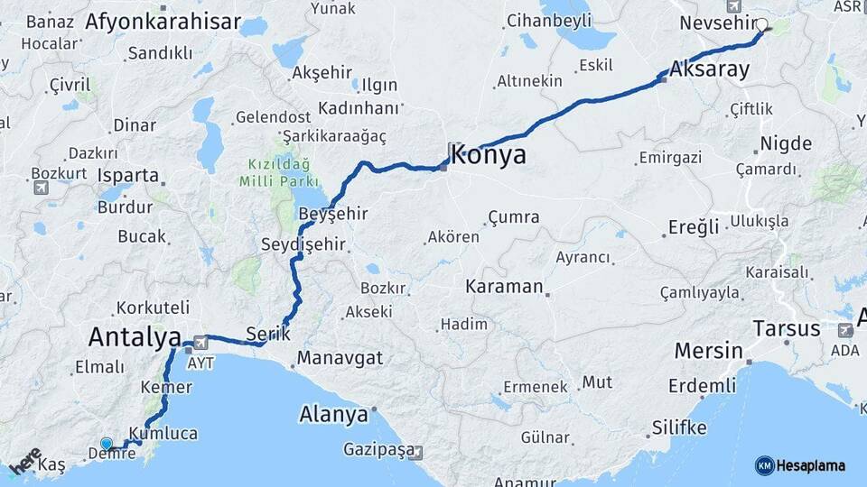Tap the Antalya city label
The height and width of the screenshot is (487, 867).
(x=135, y=337)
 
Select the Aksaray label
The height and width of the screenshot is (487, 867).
(x=710, y=70)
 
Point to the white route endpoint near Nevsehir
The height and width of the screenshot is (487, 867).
(x=761, y=25)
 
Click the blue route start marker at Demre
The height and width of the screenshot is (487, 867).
(x=107, y=443)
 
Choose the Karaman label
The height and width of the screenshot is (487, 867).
(x=504, y=288)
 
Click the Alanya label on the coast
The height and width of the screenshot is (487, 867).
(x=333, y=415)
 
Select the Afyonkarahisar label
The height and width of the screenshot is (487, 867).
(x=163, y=22)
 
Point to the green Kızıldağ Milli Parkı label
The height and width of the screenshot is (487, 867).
(x=276, y=173)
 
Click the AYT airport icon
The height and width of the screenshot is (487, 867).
(x=200, y=342)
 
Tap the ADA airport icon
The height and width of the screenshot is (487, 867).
(x=845, y=330)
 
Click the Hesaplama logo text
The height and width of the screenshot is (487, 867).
(x=810, y=465)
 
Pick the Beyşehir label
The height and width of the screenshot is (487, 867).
(x=332, y=215)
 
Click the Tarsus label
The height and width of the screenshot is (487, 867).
(x=786, y=327)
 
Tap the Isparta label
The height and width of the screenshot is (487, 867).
(x=128, y=176)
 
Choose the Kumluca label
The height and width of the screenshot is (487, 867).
(x=163, y=433)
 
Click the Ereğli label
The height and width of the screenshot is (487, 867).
(x=694, y=226)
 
